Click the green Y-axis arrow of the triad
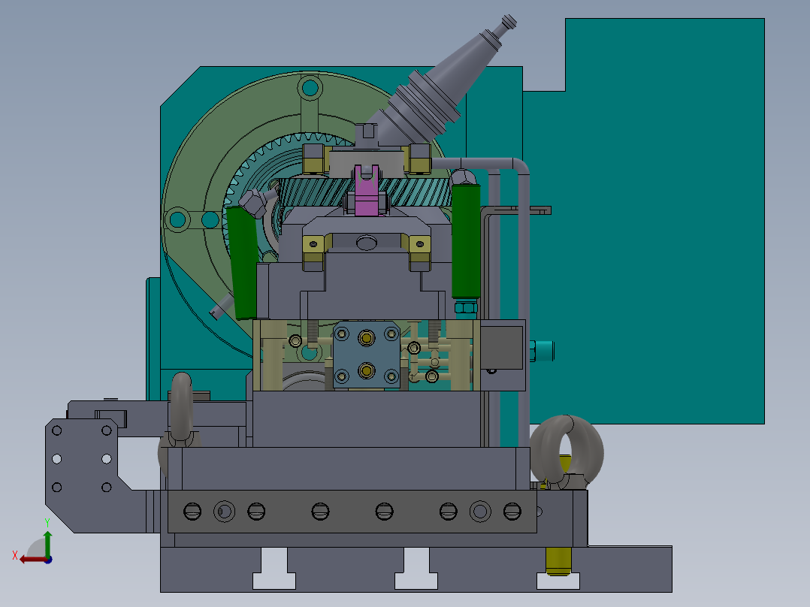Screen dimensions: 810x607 (x=47, y=542)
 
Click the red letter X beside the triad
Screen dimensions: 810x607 (x=15, y=555)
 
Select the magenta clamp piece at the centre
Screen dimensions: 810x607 (x=367, y=190)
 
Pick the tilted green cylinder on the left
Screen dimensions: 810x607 (x=242, y=262)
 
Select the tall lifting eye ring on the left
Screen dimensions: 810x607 (x=181, y=408)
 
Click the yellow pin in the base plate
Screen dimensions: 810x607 (x=558, y=561)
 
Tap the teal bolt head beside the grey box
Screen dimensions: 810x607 (x=542, y=351)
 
